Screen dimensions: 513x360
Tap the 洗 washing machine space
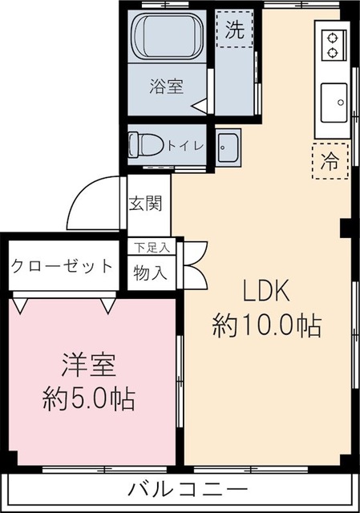point(234,31)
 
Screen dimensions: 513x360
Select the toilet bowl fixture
point(144,145)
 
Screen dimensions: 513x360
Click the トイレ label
point(185,146)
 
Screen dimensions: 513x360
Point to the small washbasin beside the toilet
point(228,147)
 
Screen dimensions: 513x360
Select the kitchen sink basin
point(333,103)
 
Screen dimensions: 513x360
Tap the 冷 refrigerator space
point(330,159)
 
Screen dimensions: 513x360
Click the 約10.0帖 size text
point(266,325)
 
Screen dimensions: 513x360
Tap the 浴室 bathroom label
point(166,86)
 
